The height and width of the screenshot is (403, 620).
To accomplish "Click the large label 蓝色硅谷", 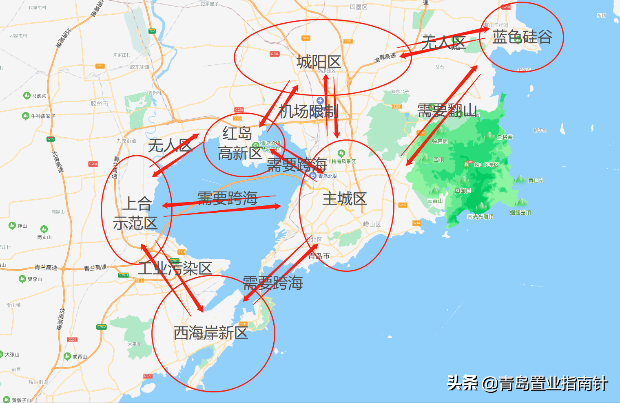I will (x=522, y=37).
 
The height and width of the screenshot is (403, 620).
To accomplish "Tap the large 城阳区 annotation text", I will (x=319, y=62).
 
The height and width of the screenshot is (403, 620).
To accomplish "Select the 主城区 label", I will (x=345, y=199).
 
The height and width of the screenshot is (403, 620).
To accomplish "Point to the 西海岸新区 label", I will (x=211, y=333).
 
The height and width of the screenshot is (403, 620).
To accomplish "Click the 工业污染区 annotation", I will (x=175, y=269).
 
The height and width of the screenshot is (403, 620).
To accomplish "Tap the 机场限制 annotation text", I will (x=309, y=111).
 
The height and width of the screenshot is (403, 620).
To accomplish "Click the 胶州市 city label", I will (x=100, y=104).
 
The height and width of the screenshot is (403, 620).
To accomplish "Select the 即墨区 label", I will (x=359, y=7).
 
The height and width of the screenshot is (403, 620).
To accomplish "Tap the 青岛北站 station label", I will (x=328, y=176).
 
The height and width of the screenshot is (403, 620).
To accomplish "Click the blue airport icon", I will (x=320, y=100).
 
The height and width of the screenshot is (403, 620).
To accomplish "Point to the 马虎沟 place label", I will (x=39, y=96).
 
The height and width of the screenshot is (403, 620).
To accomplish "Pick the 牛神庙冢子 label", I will (x=43, y=116).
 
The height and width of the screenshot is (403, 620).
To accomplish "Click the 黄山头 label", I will (x=536, y=180).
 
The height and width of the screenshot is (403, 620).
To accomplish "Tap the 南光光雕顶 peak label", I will (x=480, y=217).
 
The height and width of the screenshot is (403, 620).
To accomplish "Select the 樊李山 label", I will (x=35, y=279).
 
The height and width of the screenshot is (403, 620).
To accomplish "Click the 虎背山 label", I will (x=80, y=357).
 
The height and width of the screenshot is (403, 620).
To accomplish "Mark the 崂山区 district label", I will (x=372, y=224).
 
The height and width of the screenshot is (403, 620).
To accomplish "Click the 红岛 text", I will (x=237, y=133).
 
